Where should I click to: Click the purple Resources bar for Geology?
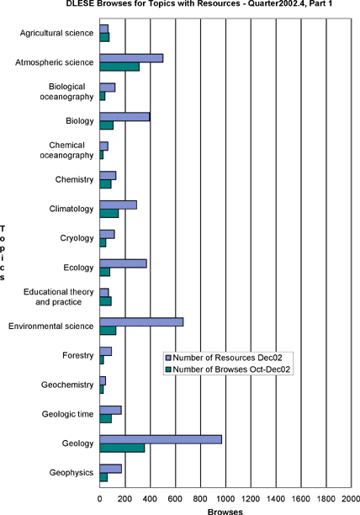[161, 439]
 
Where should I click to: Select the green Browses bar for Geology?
[122, 448]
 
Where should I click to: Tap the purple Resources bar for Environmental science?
[141, 322]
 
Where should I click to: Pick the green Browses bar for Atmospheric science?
[119, 66]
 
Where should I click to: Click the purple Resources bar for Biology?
[124, 117]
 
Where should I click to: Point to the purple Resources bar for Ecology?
[123, 263]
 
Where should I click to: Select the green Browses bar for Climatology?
[109, 214]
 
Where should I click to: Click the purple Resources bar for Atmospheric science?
[131, 58]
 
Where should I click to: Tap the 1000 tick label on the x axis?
[225, 499]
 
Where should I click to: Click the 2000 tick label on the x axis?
[351, 499]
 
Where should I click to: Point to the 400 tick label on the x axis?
[150, 499]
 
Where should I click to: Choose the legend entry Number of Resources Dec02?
[224, 358]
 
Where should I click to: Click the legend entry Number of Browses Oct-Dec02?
[228, 369]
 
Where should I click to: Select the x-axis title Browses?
[225, 512]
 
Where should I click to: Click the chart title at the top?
[199, 4]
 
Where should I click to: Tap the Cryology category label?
[77, 238]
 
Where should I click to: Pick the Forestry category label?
[78, 355]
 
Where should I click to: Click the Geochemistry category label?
[67, 385]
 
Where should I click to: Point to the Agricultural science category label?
[56, 33]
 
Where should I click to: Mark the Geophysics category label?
[71, 473]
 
